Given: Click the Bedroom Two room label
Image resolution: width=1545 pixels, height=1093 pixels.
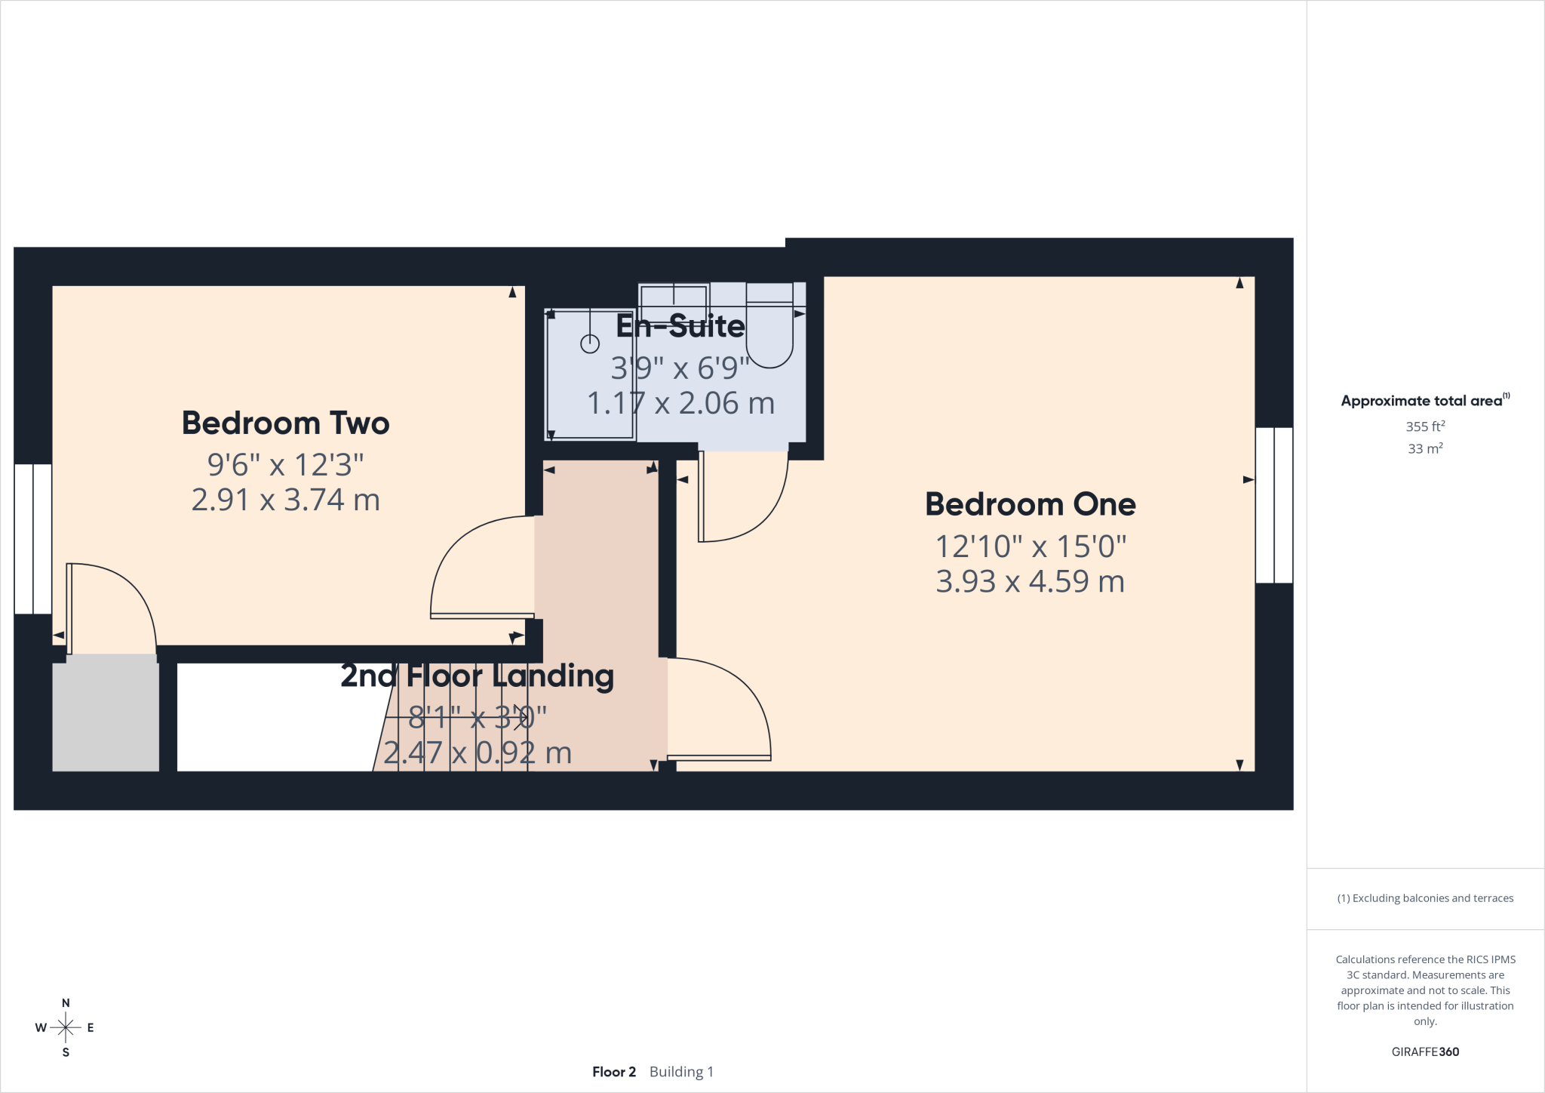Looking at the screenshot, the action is click(285, 423).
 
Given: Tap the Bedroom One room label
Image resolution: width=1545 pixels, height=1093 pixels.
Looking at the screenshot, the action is click(1031, 504).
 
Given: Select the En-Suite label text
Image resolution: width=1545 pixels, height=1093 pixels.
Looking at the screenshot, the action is click(680, 326).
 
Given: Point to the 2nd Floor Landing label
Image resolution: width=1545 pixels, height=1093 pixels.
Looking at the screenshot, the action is click(477, 676).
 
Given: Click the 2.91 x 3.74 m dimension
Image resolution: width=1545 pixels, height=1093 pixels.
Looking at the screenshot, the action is click(285, 500).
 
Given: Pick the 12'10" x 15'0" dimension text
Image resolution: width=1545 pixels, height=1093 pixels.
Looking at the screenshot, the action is click(1031, 546).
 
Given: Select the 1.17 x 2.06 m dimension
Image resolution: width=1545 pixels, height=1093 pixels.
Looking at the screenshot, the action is click(680, 403).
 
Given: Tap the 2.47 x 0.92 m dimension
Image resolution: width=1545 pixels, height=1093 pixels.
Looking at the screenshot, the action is click(477, 753).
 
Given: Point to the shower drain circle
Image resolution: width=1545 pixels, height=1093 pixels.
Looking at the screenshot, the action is click(589, 344).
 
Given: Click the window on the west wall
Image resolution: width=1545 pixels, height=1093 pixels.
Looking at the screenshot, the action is click(33, 539).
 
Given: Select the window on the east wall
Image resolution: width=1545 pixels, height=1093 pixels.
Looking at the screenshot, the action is click(1274, 505).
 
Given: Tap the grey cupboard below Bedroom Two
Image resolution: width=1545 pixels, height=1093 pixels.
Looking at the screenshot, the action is click(106, 713).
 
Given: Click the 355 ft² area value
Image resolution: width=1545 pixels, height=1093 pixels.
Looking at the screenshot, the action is click(1425, 426).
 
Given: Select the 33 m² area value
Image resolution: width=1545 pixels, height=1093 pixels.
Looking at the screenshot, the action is click(1425, 448).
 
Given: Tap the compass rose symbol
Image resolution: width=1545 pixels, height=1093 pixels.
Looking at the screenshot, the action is click(66, 1027).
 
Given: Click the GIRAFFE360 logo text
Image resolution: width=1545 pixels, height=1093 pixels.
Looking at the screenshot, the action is click(1425, 1051).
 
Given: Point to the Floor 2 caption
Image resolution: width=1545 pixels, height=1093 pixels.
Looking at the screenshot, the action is click(614, 1072).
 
